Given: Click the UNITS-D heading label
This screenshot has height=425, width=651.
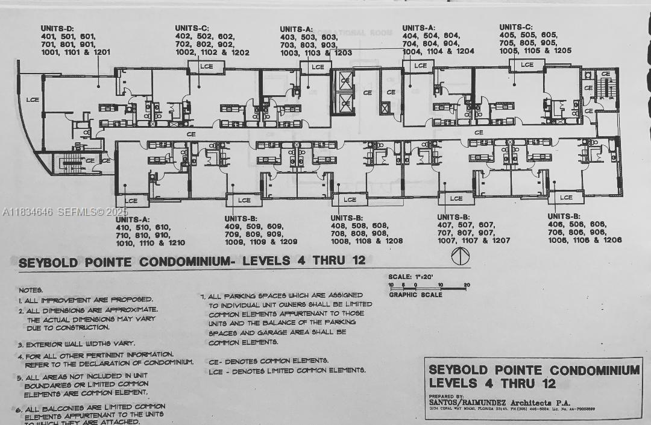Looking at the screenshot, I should tap(57, 28).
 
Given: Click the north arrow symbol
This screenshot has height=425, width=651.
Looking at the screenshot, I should tap(459, 255).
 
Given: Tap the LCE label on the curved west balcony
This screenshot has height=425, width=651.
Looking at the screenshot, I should tap(32, 99).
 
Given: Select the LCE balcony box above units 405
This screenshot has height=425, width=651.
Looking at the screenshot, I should tap(527, 65).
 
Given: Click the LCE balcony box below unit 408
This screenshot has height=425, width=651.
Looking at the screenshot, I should tap(350, 200).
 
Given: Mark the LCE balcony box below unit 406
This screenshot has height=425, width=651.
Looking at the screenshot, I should tap(566, 198).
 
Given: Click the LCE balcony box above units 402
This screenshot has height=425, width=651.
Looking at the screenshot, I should tap(206, 66).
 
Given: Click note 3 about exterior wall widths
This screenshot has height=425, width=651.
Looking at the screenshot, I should tap(75, 344).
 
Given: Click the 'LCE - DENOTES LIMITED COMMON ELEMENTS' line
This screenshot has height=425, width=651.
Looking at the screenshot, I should tap(287, 370).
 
